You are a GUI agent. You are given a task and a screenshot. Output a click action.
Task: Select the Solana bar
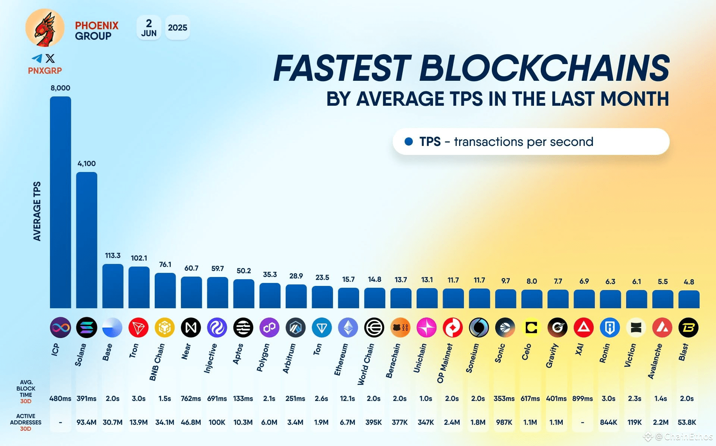pos(87,240)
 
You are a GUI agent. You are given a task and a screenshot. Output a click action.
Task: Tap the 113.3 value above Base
pos(113,255)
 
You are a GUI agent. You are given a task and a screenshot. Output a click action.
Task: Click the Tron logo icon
pos(138,328)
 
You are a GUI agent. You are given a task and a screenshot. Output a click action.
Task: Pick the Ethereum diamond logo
pos(348,328)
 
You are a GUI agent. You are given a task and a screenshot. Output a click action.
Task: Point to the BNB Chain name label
pos(157,362)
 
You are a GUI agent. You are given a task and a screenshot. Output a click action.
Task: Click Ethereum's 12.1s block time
pos(347,398)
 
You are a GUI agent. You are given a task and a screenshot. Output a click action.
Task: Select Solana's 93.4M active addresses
pos(87,422)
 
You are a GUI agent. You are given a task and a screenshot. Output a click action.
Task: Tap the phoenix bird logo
pos(45,28)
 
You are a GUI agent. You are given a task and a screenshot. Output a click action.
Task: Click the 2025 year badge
pos(178,28)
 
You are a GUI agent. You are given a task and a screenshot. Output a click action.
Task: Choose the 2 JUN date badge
pos(149,28)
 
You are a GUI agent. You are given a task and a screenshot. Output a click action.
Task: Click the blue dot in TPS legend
pos(409,141)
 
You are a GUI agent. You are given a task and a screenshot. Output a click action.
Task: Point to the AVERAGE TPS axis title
pos(37,211)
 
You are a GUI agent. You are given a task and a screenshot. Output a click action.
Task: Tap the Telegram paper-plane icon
pos(37,58)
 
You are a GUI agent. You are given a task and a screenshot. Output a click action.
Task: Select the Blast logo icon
pos(688,328)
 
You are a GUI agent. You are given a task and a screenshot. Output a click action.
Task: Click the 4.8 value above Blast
pos(689,282)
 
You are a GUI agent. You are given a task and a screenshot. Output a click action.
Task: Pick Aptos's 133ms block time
pos(243,398)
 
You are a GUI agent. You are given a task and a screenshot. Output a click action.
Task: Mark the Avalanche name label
pos(655,361)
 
